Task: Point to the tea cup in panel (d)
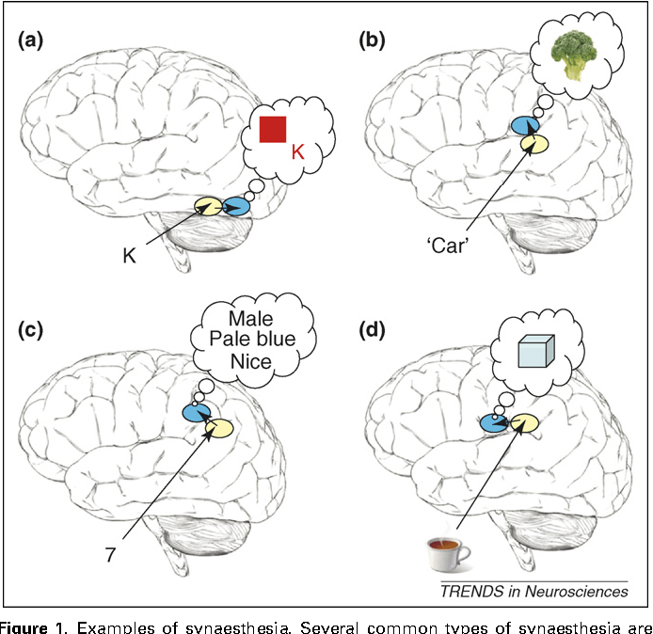pyautogui.click(x=449, y=553)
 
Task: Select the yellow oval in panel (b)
pyautogui.click(x=535, y=143)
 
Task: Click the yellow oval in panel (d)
pyautogui.click(x=523, y=424)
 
